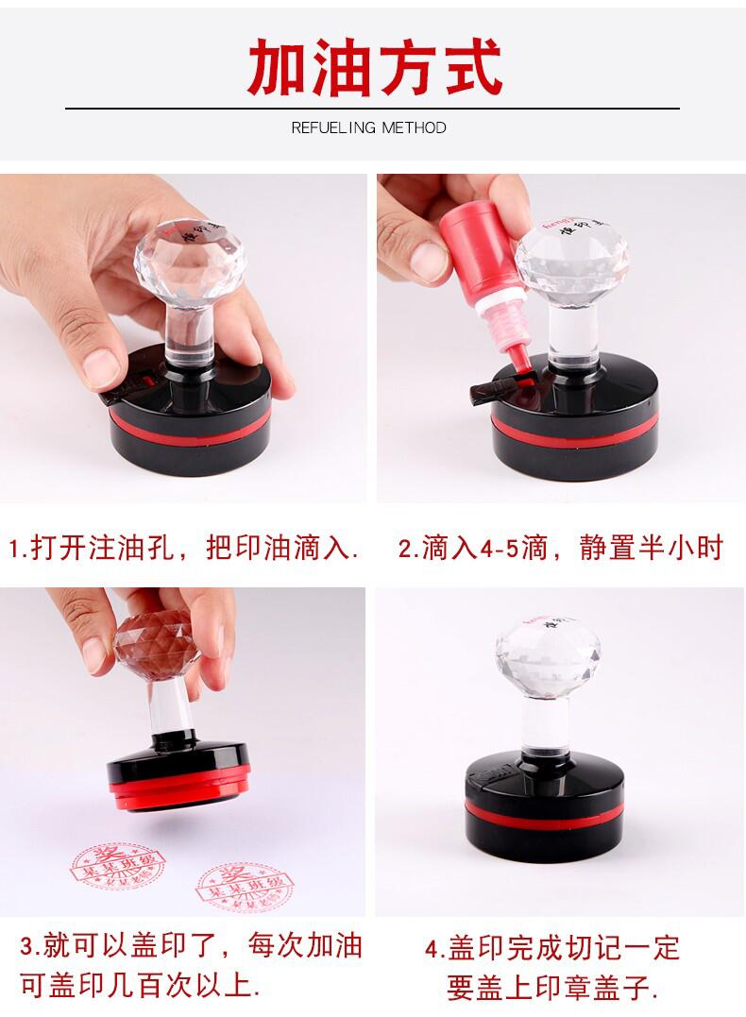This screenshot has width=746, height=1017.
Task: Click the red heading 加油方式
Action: point(373,65)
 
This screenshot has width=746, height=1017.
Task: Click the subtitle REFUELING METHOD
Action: point(368,127)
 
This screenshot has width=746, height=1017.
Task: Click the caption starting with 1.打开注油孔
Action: point(185,549)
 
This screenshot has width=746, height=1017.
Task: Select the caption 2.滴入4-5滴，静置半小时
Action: point(561,549)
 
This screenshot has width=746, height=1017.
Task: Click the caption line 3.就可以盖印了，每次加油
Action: point(192,945)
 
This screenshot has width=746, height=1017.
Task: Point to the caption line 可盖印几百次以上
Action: point(142,988)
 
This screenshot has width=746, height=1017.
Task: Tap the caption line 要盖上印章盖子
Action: point(552,988)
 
